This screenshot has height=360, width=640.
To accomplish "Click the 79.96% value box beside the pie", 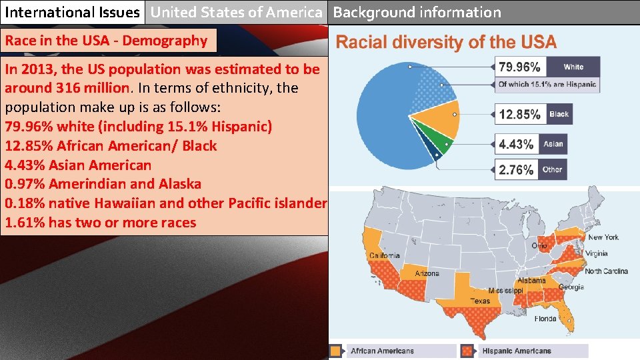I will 521,67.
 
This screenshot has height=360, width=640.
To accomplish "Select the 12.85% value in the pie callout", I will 520,114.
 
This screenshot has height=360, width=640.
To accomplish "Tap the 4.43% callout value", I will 517,144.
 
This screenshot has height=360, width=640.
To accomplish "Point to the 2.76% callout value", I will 517,170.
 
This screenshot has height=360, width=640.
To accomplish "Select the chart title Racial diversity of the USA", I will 446,43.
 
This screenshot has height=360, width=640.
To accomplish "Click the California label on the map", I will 385,255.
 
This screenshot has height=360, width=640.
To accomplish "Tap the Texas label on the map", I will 480,301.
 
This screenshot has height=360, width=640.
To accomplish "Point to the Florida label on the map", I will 545,319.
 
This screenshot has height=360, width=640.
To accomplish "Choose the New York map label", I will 603,237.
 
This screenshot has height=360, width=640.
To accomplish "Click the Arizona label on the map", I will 427,273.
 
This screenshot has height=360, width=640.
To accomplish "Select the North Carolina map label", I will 606,271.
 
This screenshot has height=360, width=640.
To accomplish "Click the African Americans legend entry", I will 382,351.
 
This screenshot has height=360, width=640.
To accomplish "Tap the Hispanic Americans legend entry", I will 517,351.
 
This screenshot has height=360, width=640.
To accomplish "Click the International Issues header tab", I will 73,12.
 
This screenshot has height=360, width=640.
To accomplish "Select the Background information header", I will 417,12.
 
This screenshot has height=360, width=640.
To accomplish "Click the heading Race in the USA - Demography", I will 107,41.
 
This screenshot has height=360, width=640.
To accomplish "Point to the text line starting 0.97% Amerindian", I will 103,184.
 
